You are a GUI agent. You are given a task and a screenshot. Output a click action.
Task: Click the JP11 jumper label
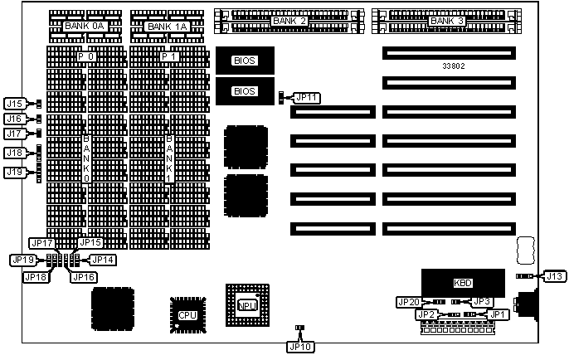pyautogui.click(x=306, y=98)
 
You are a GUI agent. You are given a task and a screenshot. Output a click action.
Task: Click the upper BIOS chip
pyautogui.click(x=244, y=60)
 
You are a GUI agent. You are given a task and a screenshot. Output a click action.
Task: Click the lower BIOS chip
pyautogui.click(x=244, y=90)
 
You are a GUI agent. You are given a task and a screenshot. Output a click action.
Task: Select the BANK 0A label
pyautogui.click(x=85, y=27)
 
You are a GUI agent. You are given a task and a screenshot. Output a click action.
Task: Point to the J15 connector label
pyautogui.click(x=14, y=105)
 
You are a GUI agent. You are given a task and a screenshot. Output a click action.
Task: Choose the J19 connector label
pyautogui.click(x=14, y=173)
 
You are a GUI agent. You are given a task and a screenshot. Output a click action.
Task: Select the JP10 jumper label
pyautogui.click(x=300, y=346)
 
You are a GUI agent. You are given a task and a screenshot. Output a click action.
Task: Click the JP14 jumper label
pyautogui.click(x=102, y=260)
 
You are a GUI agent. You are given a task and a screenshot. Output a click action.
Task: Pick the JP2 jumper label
pyautogui.click(x=427, y=315)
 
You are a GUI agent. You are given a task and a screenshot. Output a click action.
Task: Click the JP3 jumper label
pyautogui.click(x=483, y=301)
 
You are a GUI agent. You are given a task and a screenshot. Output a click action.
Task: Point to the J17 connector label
pyautogui.click(x=14, y=134)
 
